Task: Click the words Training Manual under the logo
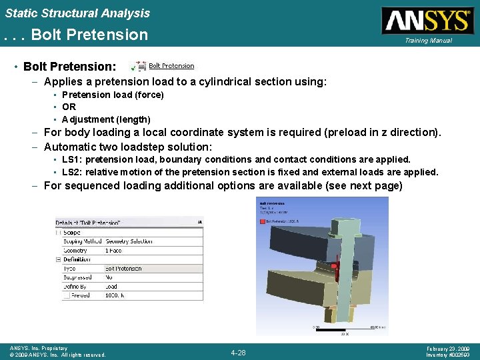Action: (427, 41)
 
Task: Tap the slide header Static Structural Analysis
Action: (77, 13)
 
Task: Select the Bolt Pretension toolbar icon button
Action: (164, 66)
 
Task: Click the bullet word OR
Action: (69, 107)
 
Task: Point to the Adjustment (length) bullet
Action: (106, 119)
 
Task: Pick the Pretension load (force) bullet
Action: (113, 95)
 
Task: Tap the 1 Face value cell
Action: (113, 251)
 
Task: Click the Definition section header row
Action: (78, 259)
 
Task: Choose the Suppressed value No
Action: (109, 277)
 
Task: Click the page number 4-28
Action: (238, 352)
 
